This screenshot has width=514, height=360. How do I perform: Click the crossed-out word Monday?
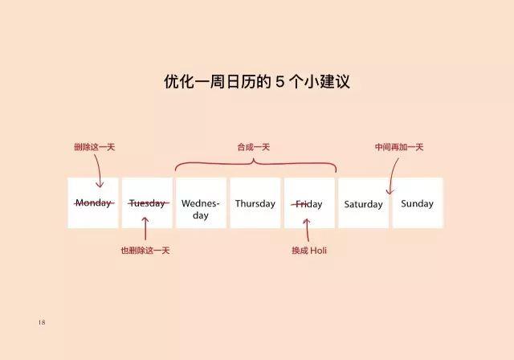(x=94, y=203)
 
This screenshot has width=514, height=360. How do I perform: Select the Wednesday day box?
(x=201, y=203)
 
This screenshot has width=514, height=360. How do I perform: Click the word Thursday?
(x=255, y=203)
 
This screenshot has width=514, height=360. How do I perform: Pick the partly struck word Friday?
(x=307, y=204)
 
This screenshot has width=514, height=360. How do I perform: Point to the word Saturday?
(x=363, y=204)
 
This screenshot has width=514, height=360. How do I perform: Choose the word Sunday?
(x=417, y=203)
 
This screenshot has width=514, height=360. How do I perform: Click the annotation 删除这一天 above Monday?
(x=95, y=147)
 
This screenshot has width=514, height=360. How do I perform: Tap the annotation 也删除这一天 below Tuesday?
(x=145, y=251)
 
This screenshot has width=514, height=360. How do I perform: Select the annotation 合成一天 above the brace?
(x=254, y=147)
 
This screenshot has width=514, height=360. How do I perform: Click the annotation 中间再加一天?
(x=399, y=147)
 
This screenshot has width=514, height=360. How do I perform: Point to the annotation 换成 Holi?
(x=309, y=251)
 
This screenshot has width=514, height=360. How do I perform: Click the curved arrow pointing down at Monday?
(x=98, y=171)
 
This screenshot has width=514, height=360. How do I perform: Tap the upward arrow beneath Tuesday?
(x=145, y=228)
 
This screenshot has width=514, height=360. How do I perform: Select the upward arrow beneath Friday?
(x=307, y=230)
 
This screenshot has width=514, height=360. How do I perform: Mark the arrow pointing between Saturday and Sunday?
(x=392, y=176)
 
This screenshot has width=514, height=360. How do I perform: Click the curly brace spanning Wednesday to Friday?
(x=255, y=166)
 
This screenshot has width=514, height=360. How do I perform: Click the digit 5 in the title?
(x=279, y=81)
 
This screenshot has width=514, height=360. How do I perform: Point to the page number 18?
(x=42, y=322)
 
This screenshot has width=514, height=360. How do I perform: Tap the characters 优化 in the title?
(x=178, y=81)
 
